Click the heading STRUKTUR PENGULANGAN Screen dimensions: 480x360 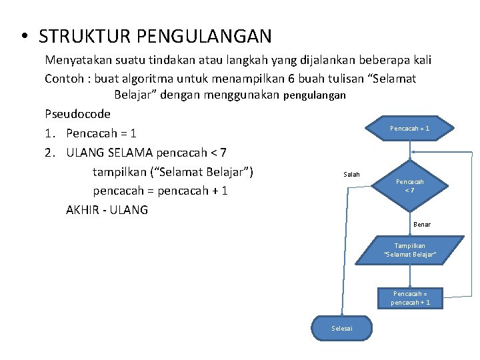click(155, 35)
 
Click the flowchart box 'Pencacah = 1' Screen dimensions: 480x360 click(409, 128)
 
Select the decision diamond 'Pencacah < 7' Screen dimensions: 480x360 click(409, 185)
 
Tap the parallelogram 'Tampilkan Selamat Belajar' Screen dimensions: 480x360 click(409, 250)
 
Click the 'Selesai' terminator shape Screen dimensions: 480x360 click(342, 328)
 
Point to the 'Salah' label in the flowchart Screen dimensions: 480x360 click(351, 175)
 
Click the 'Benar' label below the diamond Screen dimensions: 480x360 click(421, 225)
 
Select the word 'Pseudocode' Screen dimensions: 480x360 click(78, 113)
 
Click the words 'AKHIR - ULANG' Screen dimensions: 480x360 click(107, 210)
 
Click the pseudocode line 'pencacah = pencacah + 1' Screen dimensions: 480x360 click(160, 191)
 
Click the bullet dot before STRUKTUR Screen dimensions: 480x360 click(23, 35)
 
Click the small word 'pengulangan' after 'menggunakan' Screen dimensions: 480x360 click(315, 95)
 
